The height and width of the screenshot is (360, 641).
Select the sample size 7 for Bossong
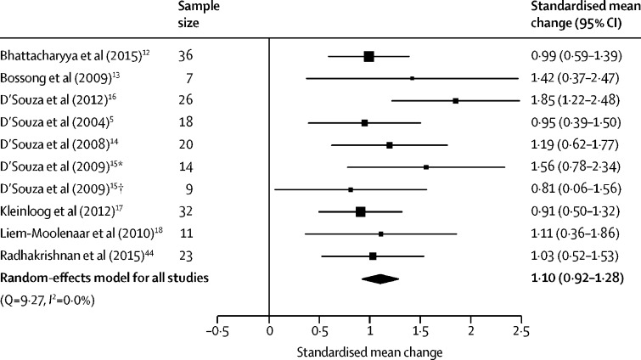(x=185, y=78)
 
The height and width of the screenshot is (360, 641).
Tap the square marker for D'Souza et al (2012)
(x=456, y=100)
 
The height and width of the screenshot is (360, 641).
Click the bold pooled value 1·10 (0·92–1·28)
(x=576, y=278)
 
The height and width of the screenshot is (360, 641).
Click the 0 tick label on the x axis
(x=269, y=329)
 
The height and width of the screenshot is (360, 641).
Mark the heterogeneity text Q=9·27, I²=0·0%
(x=48, y=298)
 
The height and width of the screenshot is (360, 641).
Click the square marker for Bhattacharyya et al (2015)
(x=368, y=56)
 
